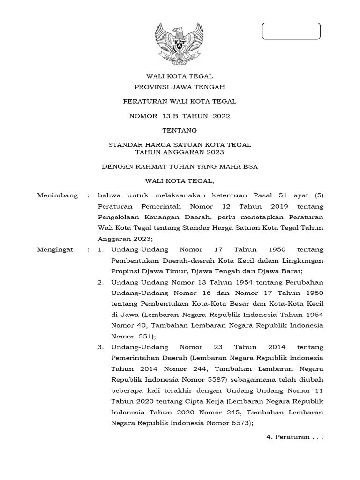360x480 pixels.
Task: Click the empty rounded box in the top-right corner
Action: [x=291, y=31]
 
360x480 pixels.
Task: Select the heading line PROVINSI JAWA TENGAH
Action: [x=180, y=87]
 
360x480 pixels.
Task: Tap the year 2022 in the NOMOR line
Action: [x=221, y=116]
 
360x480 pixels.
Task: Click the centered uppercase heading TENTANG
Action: [x=180, y=130]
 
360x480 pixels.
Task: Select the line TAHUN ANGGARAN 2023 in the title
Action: [x=180, y=152]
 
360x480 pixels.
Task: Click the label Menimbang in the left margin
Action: [x=57, y=195]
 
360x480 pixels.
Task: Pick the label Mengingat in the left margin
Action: [x=55, y=250]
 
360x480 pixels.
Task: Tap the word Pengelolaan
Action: [x=120, y=217]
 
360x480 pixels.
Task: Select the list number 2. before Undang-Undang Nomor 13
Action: [x=100, y=282]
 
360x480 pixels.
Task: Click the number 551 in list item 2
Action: [x=147, y=336]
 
